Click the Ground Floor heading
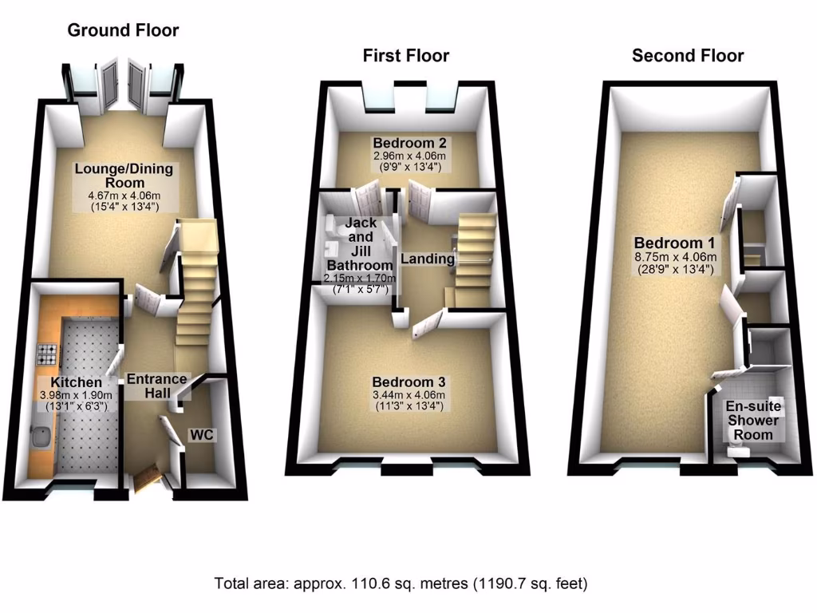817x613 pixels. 123,30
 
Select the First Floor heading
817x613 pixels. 405,55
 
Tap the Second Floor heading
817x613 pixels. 687,55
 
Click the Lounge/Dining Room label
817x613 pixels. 124,176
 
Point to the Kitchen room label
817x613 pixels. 77,382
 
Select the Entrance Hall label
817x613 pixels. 157,386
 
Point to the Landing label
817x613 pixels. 428,259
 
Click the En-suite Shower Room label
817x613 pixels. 753,420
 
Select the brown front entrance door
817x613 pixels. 148,478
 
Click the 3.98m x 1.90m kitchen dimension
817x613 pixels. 77,396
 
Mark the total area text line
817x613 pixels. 401,583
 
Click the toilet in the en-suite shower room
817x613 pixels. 739,452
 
